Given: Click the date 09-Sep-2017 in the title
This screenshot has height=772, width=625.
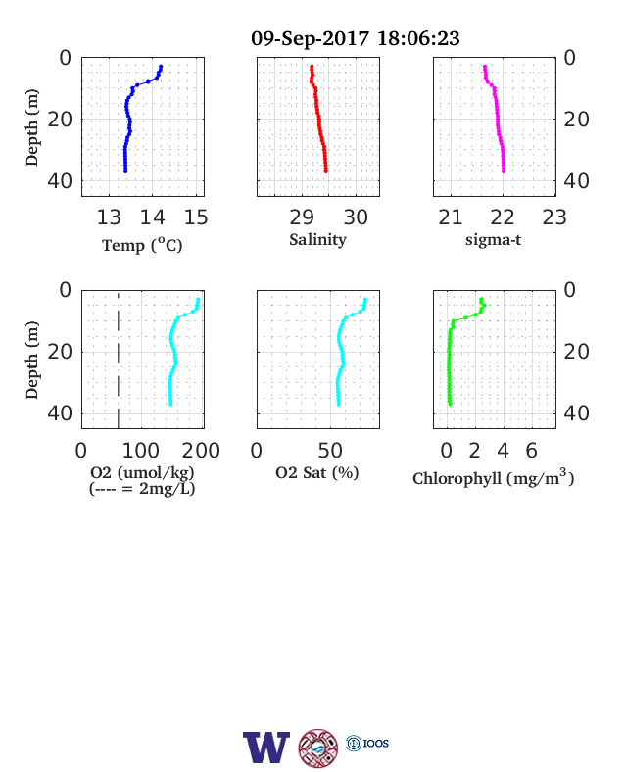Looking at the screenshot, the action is [310, 38].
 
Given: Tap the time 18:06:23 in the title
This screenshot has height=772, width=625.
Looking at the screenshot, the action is [418, 38].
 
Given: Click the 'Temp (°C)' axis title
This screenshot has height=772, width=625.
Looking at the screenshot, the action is [142, 245].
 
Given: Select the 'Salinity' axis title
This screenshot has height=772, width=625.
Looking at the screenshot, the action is [318, 240].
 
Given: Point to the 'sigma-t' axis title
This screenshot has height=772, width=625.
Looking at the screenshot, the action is [493, 240].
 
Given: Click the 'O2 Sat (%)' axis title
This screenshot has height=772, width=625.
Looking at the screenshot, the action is [317, 473].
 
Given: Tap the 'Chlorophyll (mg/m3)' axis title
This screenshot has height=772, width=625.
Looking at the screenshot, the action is [493, 477].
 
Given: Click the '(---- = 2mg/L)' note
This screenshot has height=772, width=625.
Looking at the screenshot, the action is [142, 489].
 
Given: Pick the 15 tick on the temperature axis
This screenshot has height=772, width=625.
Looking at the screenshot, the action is [196, 217].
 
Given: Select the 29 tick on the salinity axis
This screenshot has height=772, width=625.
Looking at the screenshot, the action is [302, 217].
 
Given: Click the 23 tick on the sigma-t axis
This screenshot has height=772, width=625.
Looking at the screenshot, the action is [554, 217].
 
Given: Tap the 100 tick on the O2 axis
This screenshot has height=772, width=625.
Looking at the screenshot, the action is [141, 451].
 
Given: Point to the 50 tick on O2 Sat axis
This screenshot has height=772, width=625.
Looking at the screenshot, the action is [330, 451].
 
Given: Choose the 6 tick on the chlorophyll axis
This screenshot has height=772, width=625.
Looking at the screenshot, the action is [532, 451].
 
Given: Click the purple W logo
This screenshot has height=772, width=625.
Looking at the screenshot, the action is [266, 747].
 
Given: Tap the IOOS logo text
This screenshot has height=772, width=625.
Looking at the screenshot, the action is [376, 743].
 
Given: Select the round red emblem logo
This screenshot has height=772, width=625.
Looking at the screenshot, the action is [318, 748].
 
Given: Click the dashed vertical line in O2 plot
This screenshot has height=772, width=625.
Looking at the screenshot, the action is [119, 360].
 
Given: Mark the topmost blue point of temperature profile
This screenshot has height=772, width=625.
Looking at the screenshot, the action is [161, 67].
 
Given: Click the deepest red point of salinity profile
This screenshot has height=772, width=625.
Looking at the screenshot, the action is [326, 171].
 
